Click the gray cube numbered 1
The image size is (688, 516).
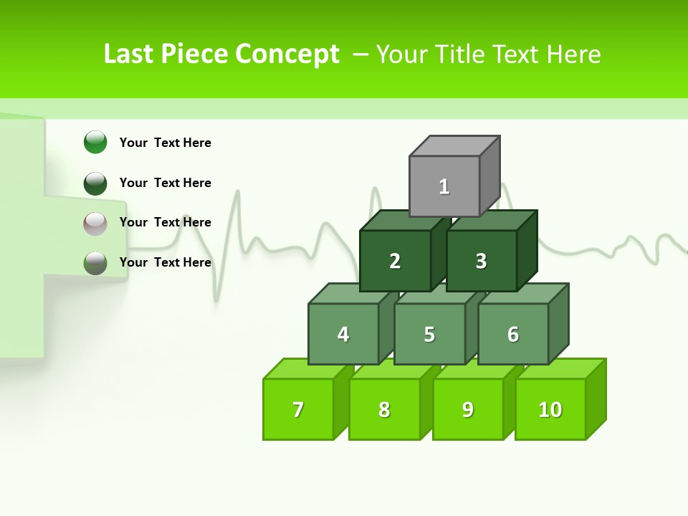(x=444, y=186)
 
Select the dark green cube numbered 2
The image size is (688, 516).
(x=395, y=261)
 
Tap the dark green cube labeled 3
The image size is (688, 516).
(x=481, y=261)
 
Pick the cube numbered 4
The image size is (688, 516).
(x=343, y=334)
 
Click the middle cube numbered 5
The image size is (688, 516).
(x=429, y=334)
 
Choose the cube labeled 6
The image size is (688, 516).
(x=512, y=334)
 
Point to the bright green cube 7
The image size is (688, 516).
(x=298, y=409)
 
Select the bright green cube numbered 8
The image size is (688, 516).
(x=384, y=409)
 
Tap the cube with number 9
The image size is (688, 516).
(x=467, y=409)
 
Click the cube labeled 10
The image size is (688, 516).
(x=550, y=409)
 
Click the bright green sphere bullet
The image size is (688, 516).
(x=95, y=142)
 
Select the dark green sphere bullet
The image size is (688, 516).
(x=95, y=183)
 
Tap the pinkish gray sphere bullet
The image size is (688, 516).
(x=95, y=223)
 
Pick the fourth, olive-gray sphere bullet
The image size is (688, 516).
(x=95, y=263)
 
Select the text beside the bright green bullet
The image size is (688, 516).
(x=165, y=143)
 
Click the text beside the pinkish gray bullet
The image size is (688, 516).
(x=165, y=222)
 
